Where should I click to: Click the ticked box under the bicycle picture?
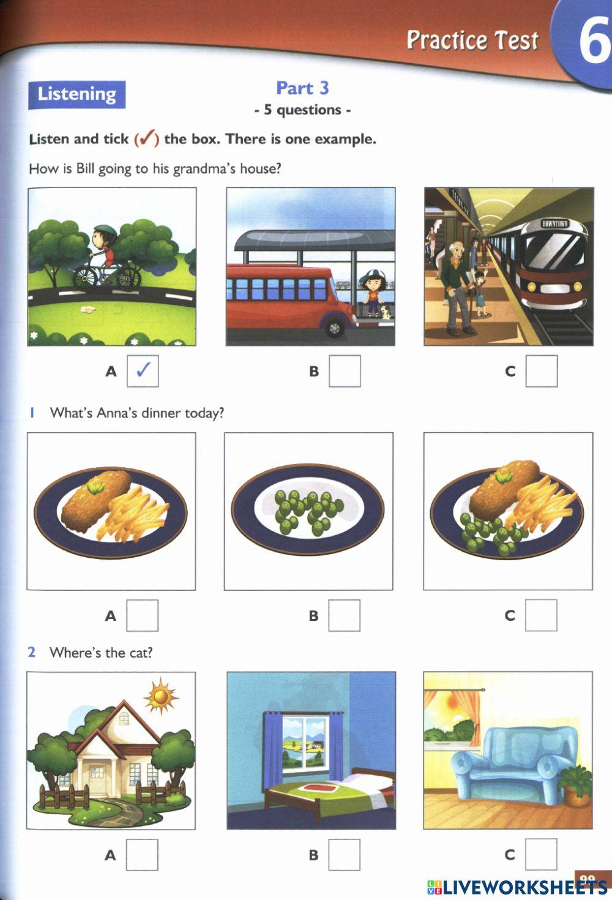[x=143, y=371]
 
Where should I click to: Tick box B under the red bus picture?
[x=345, y=371]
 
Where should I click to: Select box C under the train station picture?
[x=542, y=371]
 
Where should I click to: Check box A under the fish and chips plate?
[x=142, y=615]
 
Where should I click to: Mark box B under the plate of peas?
[x=344, y=615]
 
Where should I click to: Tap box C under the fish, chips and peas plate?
[x=541, y=615]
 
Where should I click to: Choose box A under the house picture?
[x=142, y=855]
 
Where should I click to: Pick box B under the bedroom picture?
[x=344, y=855]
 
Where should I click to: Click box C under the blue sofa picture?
[x=541, y=855]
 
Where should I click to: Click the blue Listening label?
[x=76, y=94]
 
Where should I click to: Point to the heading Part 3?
[x=302, y=88]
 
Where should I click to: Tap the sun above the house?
[x=161, y=696]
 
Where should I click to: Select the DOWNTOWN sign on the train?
[x=554, y=223]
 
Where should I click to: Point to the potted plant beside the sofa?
[x=575, y=784]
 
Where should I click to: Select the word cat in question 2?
[x=138, y=653]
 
